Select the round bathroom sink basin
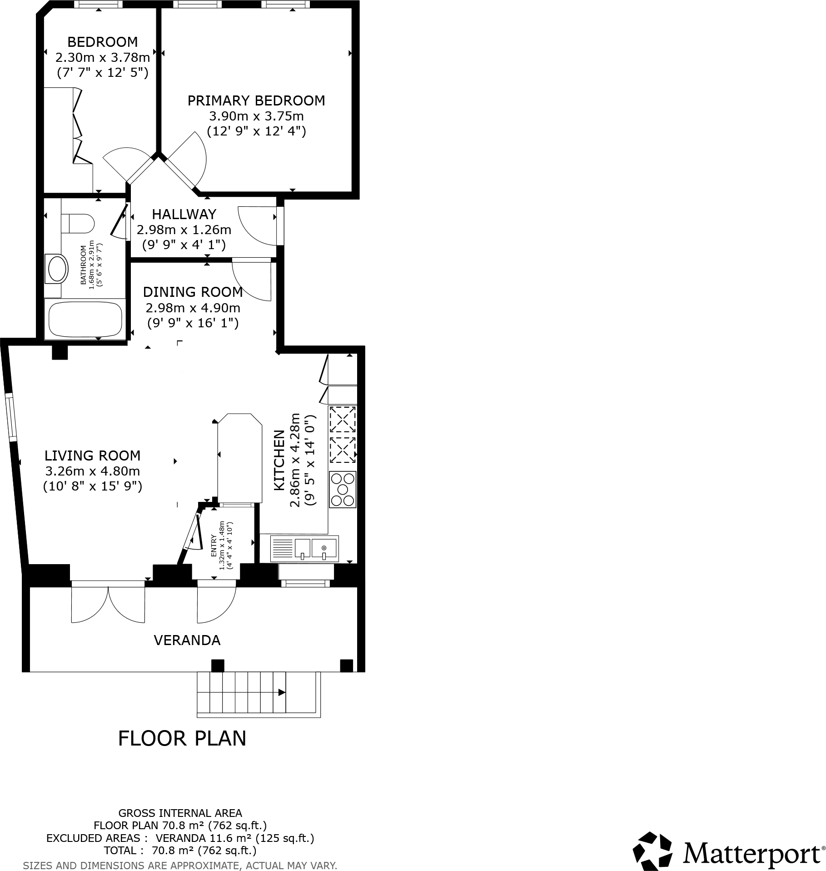(57, 269)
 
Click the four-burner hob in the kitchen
(343, 490)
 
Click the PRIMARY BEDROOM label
(256, 100)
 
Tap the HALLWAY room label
(184, 214)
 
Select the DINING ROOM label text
(193, 292)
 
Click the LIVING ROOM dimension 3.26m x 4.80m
(92, 471)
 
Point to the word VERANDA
(187, 640)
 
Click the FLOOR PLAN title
(182, 739)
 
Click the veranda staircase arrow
(281, 692)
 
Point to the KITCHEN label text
(279, 460)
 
